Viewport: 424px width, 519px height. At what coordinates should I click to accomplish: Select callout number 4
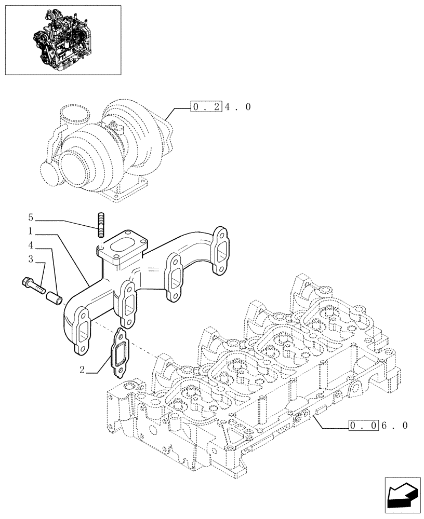click(x=31, y=243)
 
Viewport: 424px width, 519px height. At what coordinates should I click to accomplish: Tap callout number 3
click(x=31, y=258)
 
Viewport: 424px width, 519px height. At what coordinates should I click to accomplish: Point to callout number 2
click(x=83, y=370)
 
